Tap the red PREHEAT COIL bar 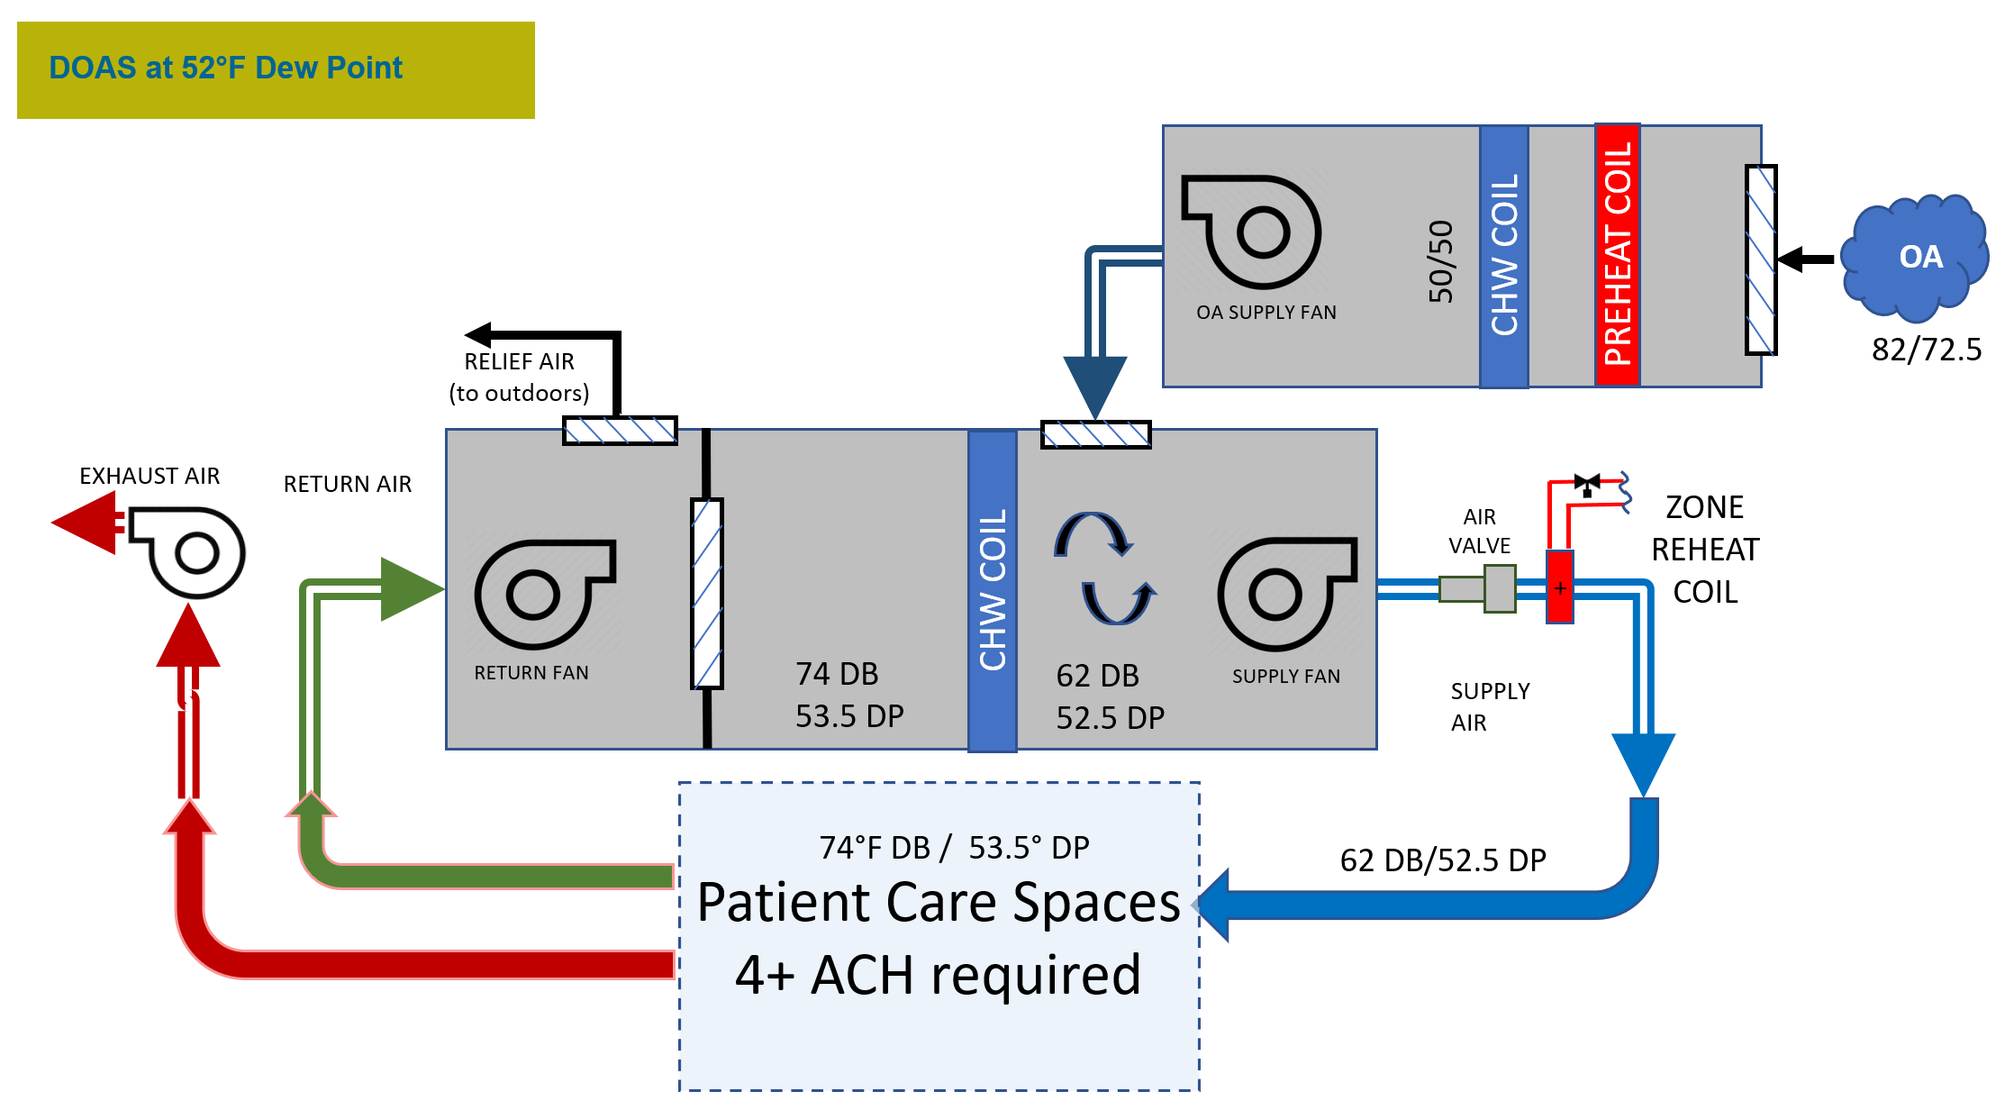coord(1617,255)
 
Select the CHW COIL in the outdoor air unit coord(1503,257)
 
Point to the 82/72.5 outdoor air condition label coord(1926,350)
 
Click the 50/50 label coord(1440,261)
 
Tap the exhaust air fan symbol coord(189,551)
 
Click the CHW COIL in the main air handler coord(992,590)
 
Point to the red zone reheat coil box coord(1560,587)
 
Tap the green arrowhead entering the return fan coord(411,589)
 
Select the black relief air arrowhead coord(478,335)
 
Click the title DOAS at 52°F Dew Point coord(225,68)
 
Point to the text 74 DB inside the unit coord(837,674)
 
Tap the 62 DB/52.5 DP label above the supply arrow coord(1442,860)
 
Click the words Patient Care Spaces coord(938,903)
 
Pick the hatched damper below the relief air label coord(620,431)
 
